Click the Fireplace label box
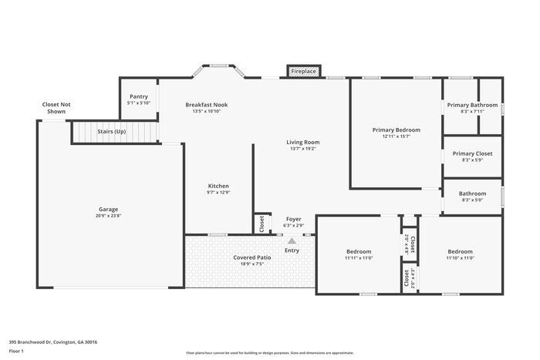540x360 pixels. [x=303, y=71]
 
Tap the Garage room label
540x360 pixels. [x=109, y=209]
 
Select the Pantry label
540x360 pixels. [x=139, y=96]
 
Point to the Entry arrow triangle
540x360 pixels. [x=292, y=242]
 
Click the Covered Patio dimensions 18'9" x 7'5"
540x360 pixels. [x=252, y=264]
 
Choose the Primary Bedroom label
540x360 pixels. [x=396, y=130]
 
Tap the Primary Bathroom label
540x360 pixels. [x=472, y=105]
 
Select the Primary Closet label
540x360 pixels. [x=472, y=153]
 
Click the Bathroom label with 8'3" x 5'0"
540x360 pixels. [x=472, y=193]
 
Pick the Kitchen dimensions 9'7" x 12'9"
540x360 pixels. [x=218, y=192]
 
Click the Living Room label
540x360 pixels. [x=303, y=142]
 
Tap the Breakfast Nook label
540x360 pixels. [x=206, y=104]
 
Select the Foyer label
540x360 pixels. [x=294, y=219]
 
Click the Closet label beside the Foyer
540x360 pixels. [x=262, y=224]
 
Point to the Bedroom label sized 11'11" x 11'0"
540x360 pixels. [x=359, y=251]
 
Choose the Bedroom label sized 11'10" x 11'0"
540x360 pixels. [x=460, y=251]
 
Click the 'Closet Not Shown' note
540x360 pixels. [x=56, y=108]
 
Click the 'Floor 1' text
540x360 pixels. [x=17, y=351]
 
